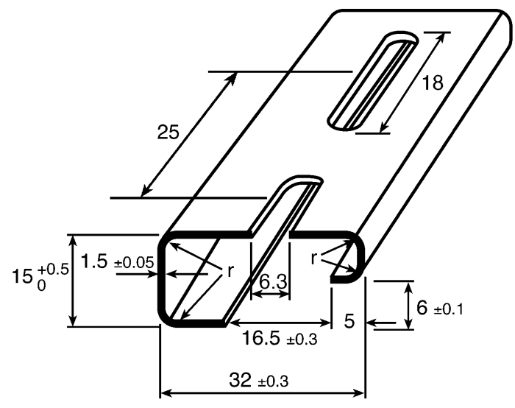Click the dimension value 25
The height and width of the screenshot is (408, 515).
pos(168,132)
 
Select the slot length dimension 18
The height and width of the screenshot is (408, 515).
pos(433,82)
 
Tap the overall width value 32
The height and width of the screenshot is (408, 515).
pos(240,380)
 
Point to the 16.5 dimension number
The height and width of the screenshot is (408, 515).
pos(261,337)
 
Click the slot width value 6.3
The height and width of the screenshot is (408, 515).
pos(273,282)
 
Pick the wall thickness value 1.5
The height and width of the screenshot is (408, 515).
pos(94,261)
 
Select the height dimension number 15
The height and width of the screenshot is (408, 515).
pos(22,276)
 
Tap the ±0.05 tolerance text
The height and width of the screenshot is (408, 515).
pos(134,263)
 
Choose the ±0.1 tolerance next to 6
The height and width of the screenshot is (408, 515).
pos(449,310)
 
